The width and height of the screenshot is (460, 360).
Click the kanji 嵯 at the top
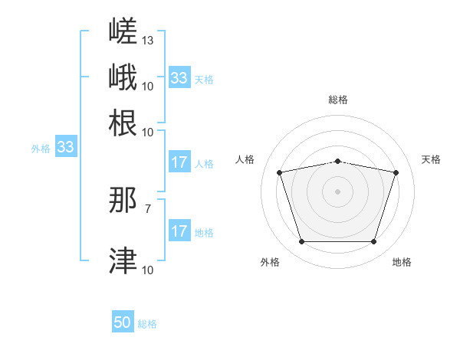tap(123, 31)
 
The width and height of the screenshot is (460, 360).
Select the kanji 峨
tap(123, 77)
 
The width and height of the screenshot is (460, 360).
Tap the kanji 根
tap(123, 123)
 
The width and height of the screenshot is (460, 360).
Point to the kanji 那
tap(123, 200)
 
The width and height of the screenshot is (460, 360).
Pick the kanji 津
tap(123, 260)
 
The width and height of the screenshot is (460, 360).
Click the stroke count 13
tap(147, 41)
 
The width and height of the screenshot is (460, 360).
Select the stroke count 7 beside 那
tap(148, 209)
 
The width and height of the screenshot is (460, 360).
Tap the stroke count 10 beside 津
tap(147, 270)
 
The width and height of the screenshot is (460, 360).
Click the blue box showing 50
tap(123, 321)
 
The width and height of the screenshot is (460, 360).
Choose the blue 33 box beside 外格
tap(66, 146)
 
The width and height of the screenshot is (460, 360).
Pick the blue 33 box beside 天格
tap(179, 77)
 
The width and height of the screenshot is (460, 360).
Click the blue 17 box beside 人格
tap(179, 162)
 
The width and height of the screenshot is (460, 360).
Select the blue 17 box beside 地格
tap(179, 230)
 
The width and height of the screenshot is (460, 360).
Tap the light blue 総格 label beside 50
tap(147, 324)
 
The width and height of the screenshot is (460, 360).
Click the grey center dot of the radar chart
tap(337, 191)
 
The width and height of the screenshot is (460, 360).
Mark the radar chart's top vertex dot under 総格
tap(337, 162)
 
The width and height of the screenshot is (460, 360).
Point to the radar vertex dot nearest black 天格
tap(396, 172)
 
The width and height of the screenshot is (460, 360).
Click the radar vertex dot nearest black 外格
tap(302, 241)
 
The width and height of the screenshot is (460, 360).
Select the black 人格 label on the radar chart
tap(245, 159)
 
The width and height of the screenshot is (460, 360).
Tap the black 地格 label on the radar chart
tap(402, 262)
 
